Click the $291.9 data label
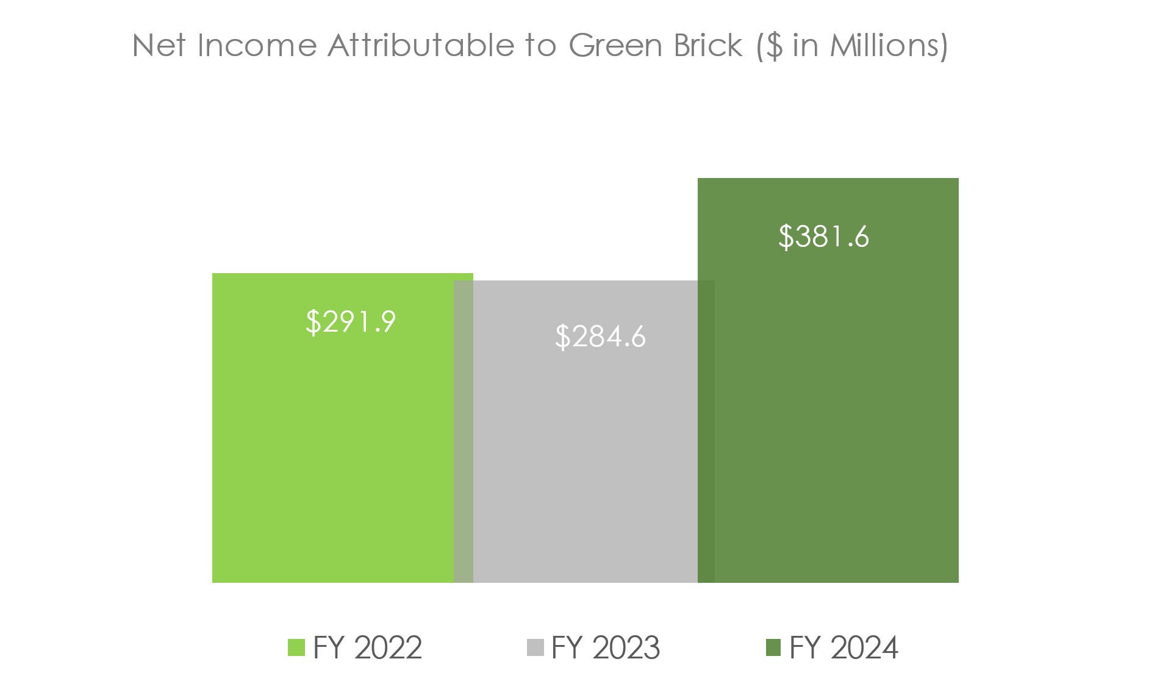coord(351,321)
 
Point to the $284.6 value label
coord(600,336)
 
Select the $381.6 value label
coord(823,236)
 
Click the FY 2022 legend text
coord(367,647)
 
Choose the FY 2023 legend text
coord(606,647)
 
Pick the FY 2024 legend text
coord(843,647)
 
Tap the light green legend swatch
coord(296,647)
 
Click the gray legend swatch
coord(535,647)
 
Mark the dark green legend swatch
coord(773,647)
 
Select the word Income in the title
coord(257,46)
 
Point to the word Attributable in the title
coord(421,46)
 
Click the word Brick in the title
coord(707,46)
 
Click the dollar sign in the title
coord(773,46)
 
